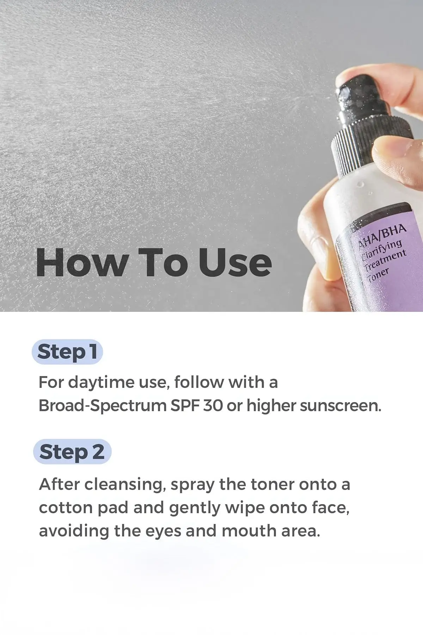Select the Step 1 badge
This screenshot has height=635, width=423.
[67, 352]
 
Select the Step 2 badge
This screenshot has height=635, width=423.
[72, 452]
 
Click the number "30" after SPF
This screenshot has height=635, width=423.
[213, 406]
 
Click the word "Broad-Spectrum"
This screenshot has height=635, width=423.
[102, 406]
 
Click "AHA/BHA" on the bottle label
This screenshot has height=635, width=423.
[382, 235]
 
